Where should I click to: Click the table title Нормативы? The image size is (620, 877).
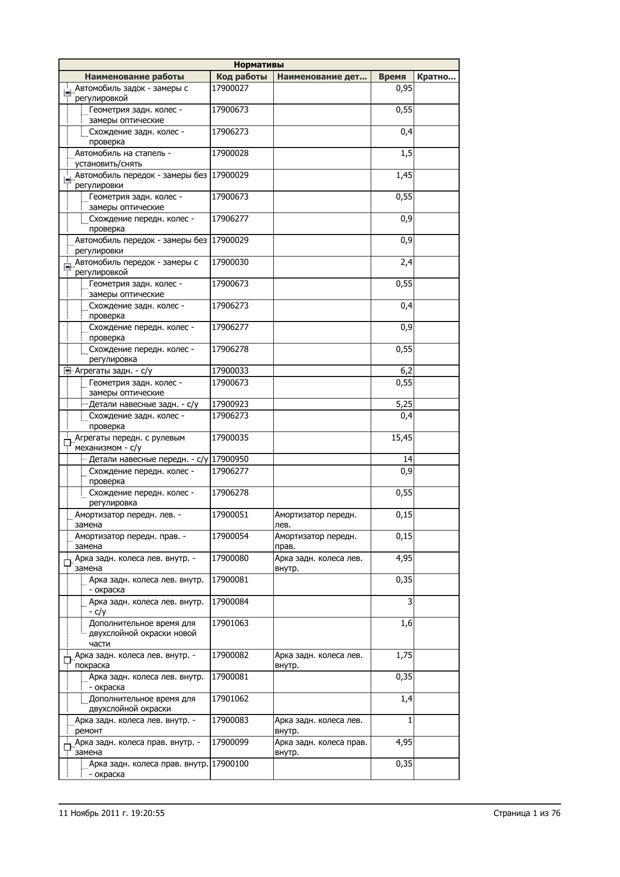coord(259,65)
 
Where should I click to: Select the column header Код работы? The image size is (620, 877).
coord(241,76)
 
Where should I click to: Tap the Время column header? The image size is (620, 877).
coord(392,76)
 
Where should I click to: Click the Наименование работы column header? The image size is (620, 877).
coord(134,76)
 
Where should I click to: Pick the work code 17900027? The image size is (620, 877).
coord(230,88)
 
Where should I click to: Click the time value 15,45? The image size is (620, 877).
coord(402,438)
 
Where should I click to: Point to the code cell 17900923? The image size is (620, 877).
coord(230,404)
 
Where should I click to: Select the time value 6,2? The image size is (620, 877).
coord(406,371)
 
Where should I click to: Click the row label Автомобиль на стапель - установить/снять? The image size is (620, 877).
coord(123,158)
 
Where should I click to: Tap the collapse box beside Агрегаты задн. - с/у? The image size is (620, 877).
coord(67,371)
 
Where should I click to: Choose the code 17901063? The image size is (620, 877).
coord(230,623)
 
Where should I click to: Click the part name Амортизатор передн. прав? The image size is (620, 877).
coord(316,541)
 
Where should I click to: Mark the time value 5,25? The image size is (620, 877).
coord(404,404)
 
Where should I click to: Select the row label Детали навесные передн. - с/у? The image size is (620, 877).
coord(148,459)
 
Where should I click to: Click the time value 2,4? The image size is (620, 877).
coord(406,262)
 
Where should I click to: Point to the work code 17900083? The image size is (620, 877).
coord(230,720)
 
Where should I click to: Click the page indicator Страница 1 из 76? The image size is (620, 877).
coord(527,813)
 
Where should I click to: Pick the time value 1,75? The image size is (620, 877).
coord(404,655)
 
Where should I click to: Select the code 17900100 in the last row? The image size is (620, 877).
coord(230,764)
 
